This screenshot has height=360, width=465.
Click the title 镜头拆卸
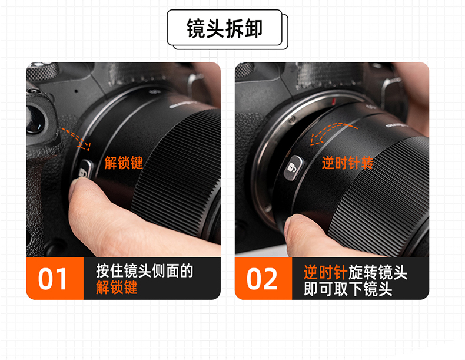tap(224, 28)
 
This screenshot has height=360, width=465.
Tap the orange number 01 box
tap(55, 278)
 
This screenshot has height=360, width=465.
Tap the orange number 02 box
tap(263, 278)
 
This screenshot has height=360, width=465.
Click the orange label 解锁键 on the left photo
tap(124, 163)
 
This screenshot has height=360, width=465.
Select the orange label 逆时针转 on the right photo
tap(347, 163)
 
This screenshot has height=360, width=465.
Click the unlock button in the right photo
tap(293, 168)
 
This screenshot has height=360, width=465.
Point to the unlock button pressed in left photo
tap(85, 170)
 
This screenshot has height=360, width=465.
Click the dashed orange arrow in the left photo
tap(75, 138)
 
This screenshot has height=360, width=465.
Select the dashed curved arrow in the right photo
tap(334, 132)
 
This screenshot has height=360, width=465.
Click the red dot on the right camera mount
tap(333, 102)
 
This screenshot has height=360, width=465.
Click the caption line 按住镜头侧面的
tap(145, 270)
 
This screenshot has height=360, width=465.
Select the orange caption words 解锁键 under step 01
tap(117, 288)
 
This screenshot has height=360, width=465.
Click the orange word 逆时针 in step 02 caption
tap(325, 272)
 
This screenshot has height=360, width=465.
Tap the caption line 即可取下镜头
tap(348, 289)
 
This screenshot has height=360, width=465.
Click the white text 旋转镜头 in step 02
tap(377, 272)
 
